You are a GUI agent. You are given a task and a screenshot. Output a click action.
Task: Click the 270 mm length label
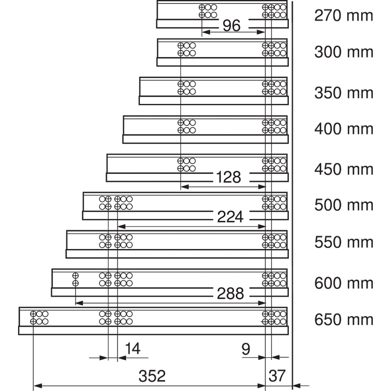coord(344,16)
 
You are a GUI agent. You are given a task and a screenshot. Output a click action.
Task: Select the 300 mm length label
coord(344,52)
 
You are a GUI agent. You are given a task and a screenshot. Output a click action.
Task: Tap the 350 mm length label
coord(344,93)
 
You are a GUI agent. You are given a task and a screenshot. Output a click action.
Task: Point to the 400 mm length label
coord(344,129)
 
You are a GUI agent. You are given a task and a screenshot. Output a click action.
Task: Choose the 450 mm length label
coord(344,170)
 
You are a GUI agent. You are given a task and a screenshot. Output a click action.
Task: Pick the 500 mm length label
coord(344,205)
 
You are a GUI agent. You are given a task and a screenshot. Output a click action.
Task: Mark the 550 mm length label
coord(344,242)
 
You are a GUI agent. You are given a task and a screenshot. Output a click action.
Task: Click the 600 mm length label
coord(344,283)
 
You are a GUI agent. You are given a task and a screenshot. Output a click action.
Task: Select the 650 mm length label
coord(344,320)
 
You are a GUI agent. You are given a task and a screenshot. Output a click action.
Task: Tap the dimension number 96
coord(232,26)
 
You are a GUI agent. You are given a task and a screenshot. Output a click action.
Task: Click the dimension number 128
coord(228,177)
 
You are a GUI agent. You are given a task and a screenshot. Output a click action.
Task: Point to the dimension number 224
coord(230,217)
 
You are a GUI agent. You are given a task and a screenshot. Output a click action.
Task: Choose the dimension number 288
coord(230,294)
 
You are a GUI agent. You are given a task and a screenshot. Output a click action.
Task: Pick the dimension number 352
coord(152,376)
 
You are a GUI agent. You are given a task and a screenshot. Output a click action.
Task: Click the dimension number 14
coord(132,348)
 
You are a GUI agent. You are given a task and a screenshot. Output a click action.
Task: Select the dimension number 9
coord(246,349)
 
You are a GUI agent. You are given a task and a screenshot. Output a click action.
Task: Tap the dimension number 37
coord(277,376)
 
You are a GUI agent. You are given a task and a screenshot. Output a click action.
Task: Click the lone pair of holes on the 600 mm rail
coord(75,280)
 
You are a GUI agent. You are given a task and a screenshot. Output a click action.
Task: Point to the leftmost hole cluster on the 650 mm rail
coord(39,318)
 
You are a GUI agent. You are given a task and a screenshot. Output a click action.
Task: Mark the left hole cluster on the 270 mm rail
coord(208,11)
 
